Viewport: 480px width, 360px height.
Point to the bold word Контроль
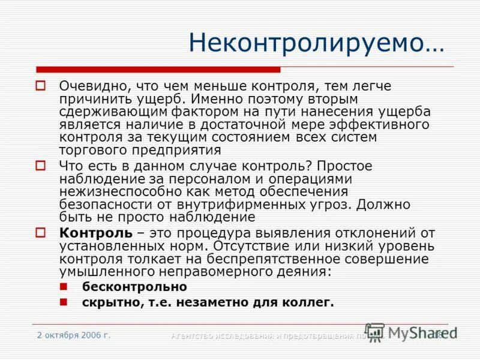(x=95, y=233)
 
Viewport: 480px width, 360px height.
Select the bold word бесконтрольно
(x=134, y=287)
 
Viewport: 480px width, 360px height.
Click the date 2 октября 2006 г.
(x=73, y=335)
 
